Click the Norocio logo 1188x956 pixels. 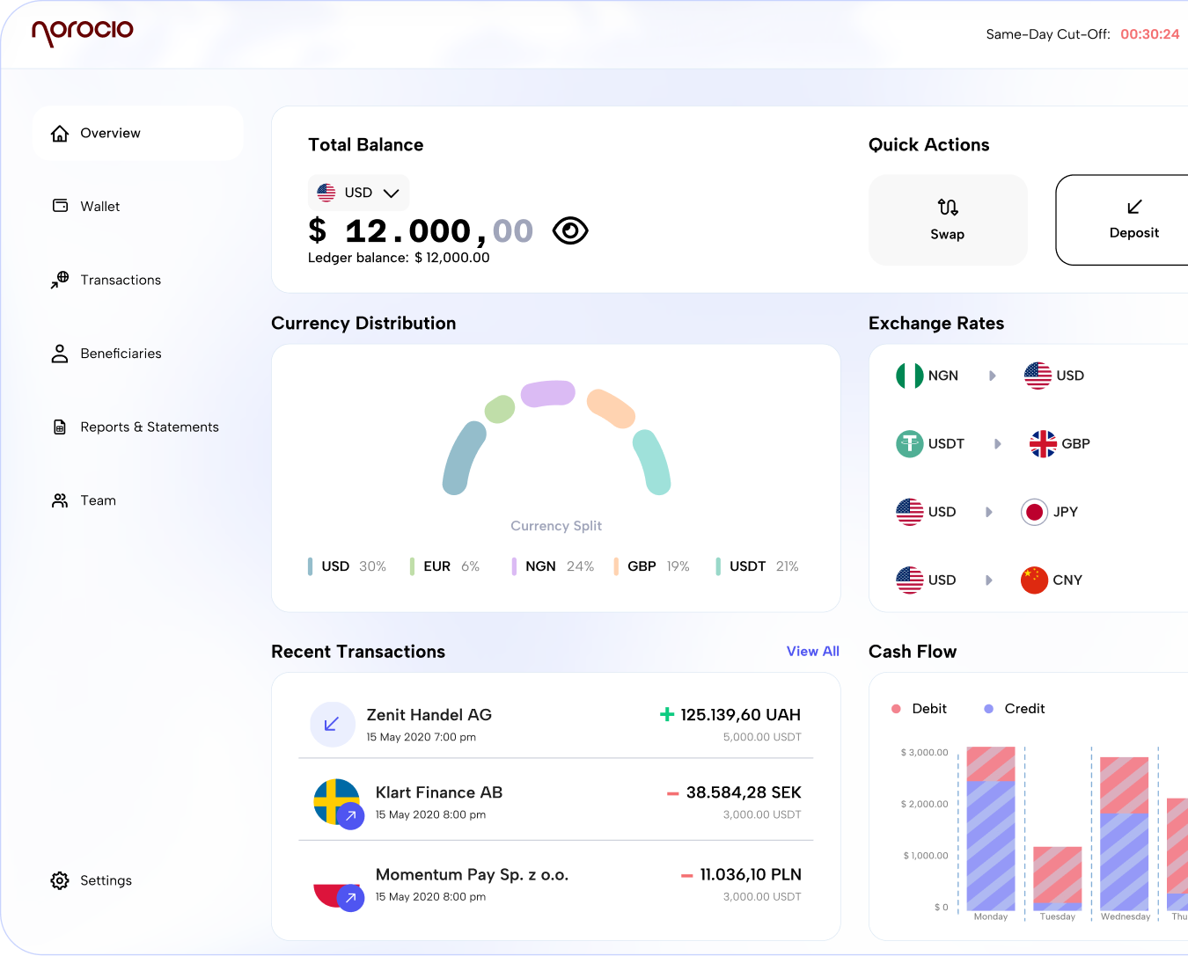click(x=82, y=32)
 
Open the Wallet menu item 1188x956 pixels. click(x=99, y=207)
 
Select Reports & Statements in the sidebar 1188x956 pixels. click(x=149, y=427)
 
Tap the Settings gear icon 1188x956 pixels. click(x=60, y=880)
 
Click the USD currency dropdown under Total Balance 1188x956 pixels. click(x=358, y=193)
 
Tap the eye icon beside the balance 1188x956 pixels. click(x=570, y=230)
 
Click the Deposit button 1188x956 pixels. click(x=1133, y=220)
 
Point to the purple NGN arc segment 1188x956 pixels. click(x=547, y=393)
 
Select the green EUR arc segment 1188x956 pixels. click(x=500, y=409)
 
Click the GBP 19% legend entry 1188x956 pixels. click(x=656, y=566)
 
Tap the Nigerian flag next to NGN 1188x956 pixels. click(x=909, y=376)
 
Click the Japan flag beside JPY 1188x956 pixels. click(x=1034, y=512)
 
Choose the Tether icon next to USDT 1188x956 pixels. click(x=909, y=444)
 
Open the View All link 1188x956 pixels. click(x=812, y=652)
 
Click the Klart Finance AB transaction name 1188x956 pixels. click(x=438, y=792)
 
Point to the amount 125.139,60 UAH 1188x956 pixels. click(x=739, y=715)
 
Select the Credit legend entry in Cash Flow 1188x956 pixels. click(x=1023, y=709)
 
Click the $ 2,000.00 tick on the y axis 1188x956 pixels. click(x=924, y=804)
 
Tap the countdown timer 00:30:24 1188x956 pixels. click(x=1149, y=34)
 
